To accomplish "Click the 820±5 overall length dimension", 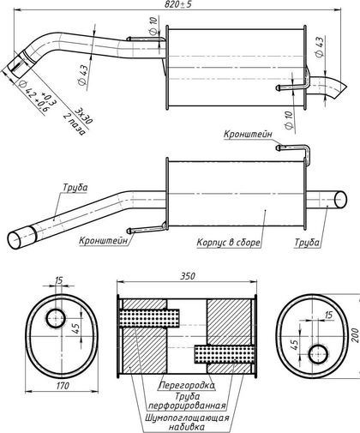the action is [x=178, y=4].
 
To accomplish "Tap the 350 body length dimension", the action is [x=188, y=276].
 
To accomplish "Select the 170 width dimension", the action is [x=63, y=386].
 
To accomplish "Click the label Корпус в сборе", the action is [x=229, y=243].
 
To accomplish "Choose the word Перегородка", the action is [x=187, y=385].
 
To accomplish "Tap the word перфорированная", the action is [x=188, y=406].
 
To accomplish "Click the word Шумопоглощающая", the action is [x=187, y=418].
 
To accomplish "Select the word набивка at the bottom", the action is [x=187, y=427].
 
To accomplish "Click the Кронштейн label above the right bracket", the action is [x=248, y=134].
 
